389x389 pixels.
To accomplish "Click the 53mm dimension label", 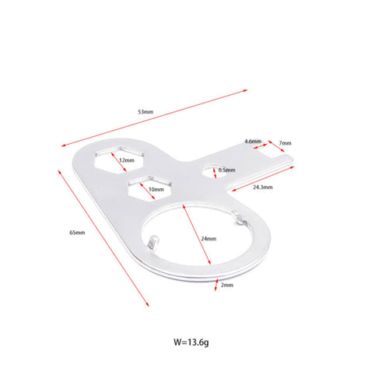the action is tap(145, 112).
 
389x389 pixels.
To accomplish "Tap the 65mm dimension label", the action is tap(77, 233).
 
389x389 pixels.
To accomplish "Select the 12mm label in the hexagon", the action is tap(127, 160).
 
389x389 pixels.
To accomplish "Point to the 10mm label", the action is tap(156, 190).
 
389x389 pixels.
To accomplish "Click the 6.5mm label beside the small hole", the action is tap(226, 170).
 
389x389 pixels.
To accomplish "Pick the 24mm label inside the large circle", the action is tap(209, 239).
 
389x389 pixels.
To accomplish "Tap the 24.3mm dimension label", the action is tap(263, 187).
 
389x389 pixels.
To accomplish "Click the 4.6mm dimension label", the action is tap(253, 142).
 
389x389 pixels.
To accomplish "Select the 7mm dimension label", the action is tap(285, 143).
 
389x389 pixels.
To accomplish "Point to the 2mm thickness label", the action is tap(227, 285).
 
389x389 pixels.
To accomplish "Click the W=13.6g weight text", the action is tap(191, 342).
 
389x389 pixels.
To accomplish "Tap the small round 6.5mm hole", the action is tap(214, 171).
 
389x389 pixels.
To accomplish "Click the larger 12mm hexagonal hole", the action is tap(119, 159).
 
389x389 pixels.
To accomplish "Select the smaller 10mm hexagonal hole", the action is tap(150, 187).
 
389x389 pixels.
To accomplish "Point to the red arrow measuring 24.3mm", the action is tap(263, 179).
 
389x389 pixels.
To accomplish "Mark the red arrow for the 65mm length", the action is tap(103, 238).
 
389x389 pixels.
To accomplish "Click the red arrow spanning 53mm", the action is tap(154, 118).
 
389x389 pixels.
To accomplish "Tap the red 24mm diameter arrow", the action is tap(197, 235).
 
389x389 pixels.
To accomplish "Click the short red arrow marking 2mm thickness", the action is tap(216, 285).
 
